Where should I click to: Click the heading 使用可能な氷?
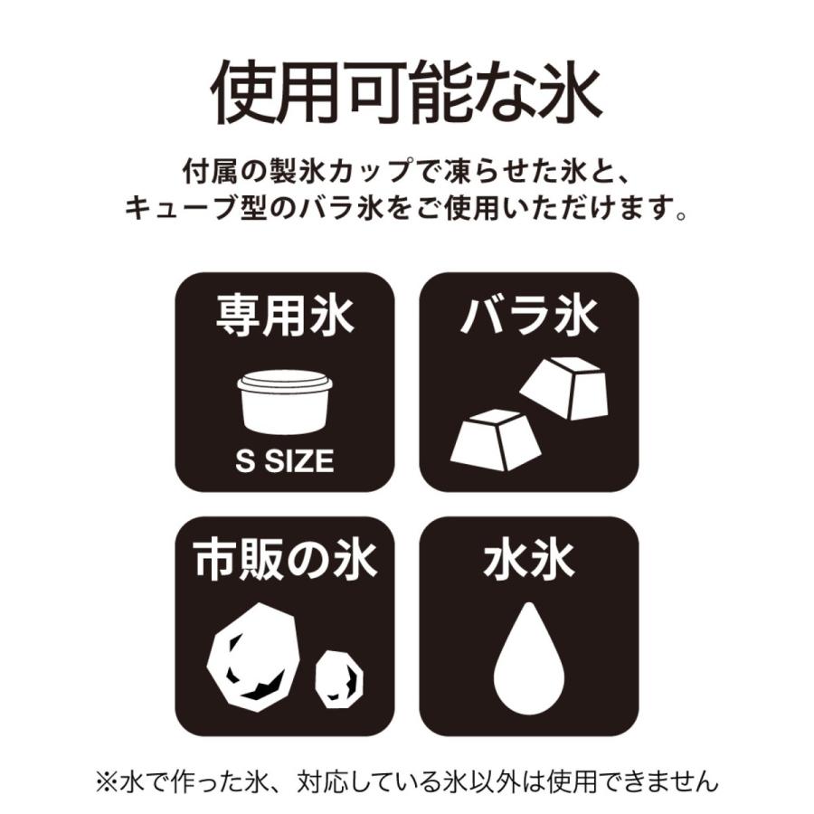(406, 93)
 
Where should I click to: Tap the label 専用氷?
(284, 317)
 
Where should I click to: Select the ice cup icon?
(284, 402)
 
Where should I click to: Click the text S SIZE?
(284, 462)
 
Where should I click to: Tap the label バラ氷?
(528, 317)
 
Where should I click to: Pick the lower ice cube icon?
(496, 440)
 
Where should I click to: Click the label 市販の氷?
(284, 562)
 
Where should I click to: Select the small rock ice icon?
(339, 678)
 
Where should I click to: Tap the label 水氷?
(528, 562)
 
